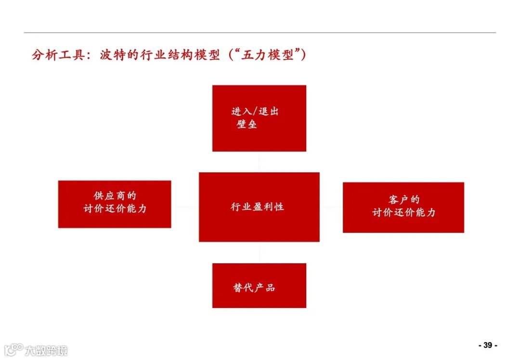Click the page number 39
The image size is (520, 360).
coord(487,345)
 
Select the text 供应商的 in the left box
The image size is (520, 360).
coord(115,196)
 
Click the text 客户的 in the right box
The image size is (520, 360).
coord(403,200)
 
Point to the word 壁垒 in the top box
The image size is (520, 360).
coord(247,124)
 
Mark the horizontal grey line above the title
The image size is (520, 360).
coord(260,33)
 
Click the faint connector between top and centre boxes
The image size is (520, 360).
coord(259,162)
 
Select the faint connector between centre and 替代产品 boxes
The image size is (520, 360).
coord(259,252)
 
